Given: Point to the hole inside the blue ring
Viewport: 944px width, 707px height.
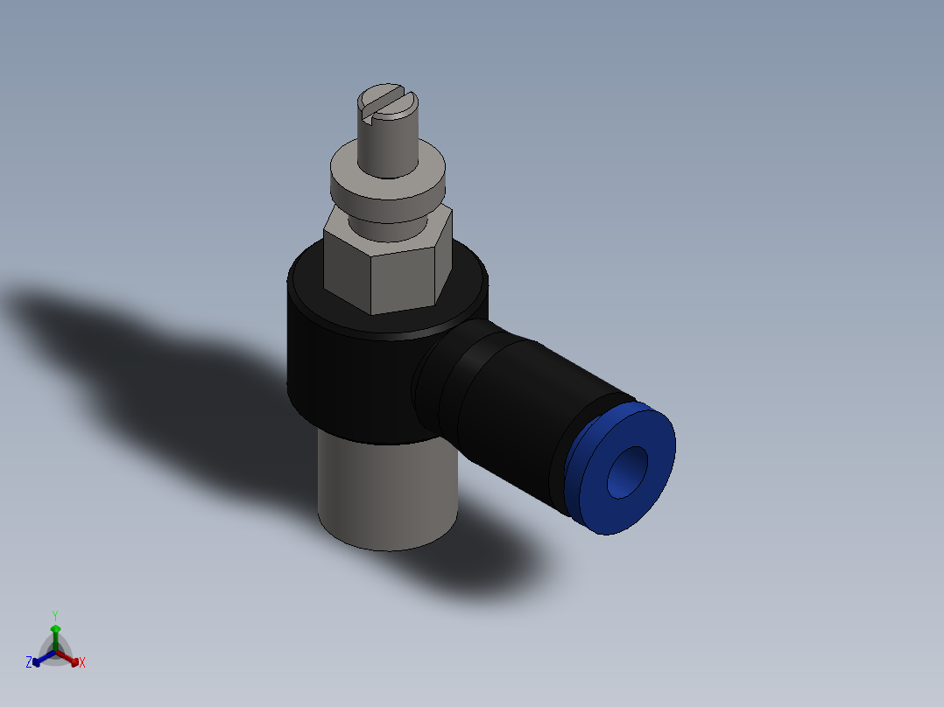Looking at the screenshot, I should pyautogui.click(x=627, y=472).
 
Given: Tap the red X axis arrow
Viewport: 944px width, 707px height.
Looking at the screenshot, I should pyautogui.click(x=74, y=661).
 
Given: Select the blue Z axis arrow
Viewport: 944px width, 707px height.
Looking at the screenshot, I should pyautogui.click(x=38, y=661).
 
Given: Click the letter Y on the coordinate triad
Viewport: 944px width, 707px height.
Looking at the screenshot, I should pyautogui.click(x=55, y=615).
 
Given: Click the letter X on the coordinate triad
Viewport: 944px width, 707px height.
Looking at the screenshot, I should pyautogui.click(x=82, y=663).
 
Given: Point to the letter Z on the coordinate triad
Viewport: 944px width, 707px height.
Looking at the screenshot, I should pyautogui.click(x=29, y=663).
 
